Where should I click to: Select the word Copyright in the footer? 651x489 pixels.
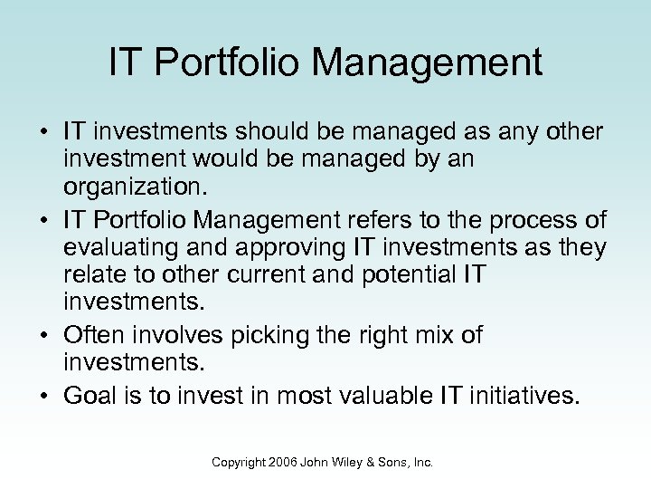point(240,463)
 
